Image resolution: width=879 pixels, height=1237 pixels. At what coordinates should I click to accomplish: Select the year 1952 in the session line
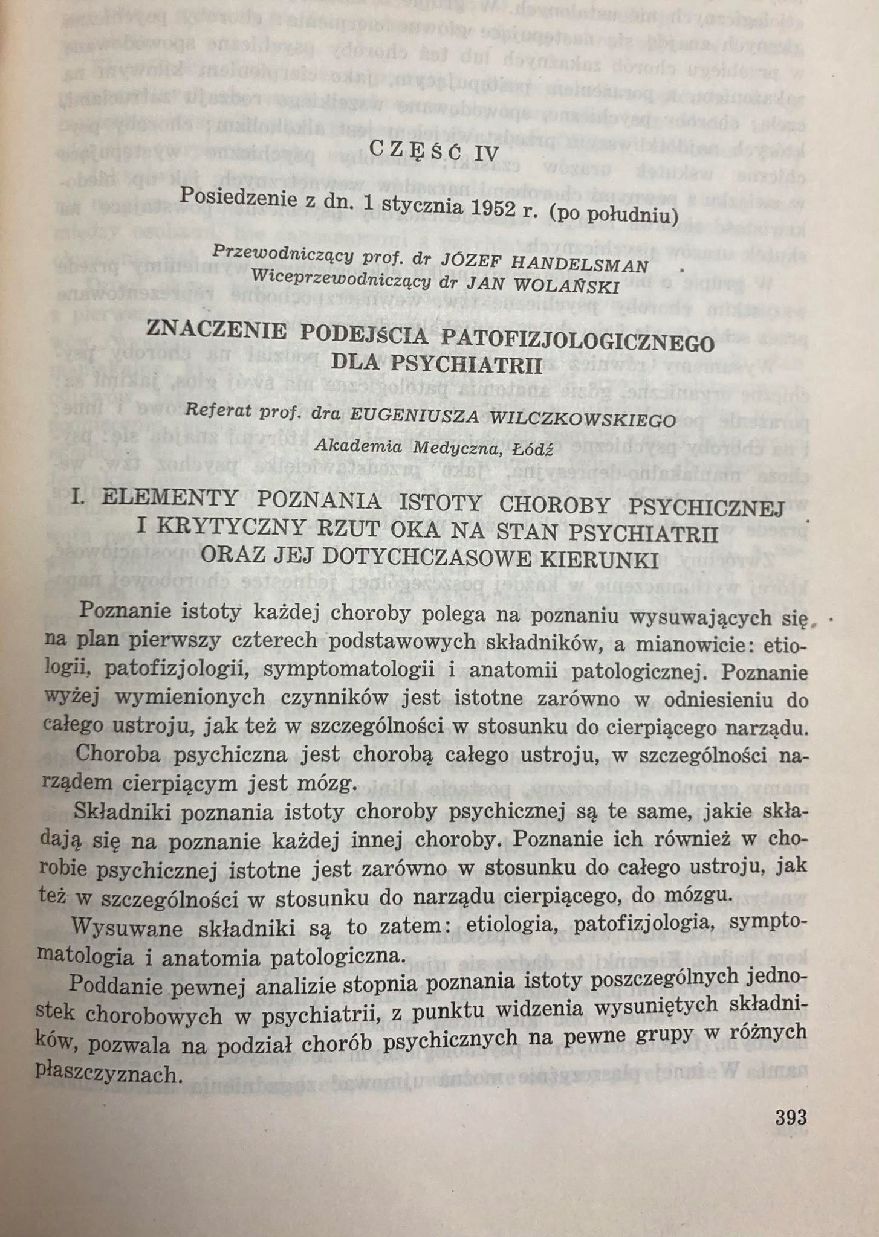coord(490,208)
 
